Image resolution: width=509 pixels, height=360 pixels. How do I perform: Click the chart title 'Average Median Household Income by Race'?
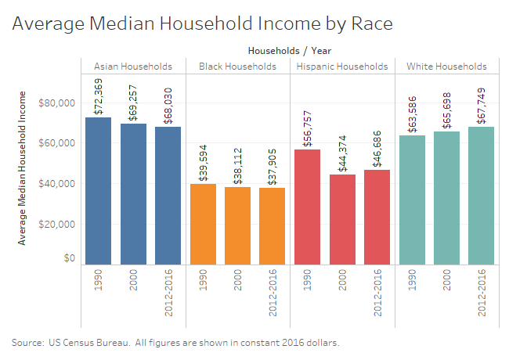click(202, 23)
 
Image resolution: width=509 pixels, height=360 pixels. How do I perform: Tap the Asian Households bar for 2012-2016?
click(168, 195)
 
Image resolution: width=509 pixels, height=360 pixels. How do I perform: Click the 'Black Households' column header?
click(237, 67)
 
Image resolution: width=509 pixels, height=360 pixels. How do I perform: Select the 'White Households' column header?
click(446, 67)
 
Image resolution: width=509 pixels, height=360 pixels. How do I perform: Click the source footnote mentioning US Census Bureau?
click(175, 343)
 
